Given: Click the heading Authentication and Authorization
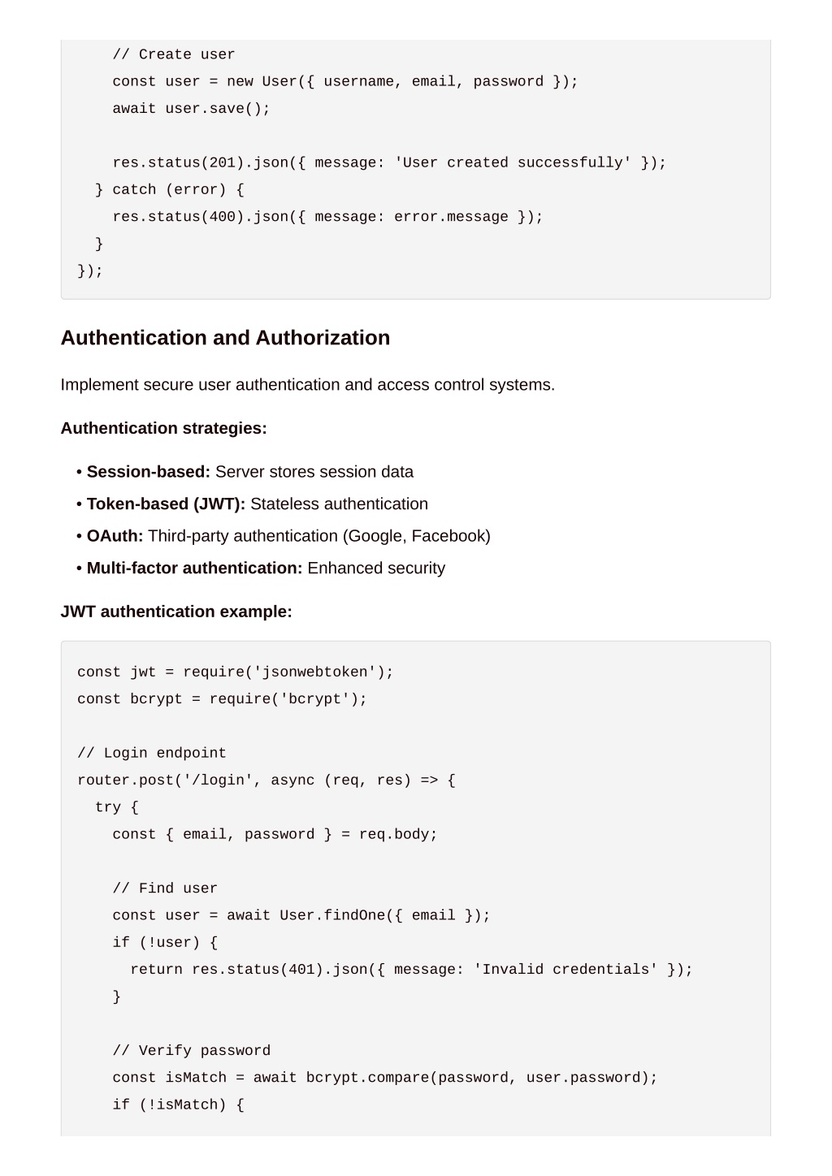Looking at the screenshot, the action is pos(225,338).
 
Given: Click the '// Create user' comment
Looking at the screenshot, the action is pos(174,54).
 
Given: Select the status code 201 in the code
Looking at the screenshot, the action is pos(222,162).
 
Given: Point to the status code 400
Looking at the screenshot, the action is pos(222,217).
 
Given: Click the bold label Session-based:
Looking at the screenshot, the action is pos(148,471).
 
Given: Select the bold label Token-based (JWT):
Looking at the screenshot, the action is pos(166,504).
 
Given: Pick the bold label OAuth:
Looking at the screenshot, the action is pos(115,536).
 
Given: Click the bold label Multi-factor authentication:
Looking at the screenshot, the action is pos(194,568).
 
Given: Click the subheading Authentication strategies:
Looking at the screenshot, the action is pos(164,428).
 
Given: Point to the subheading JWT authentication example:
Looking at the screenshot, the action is pos(176,612).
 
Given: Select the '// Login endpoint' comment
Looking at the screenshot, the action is pos(152,753).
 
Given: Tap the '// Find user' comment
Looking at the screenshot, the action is pos(165,888).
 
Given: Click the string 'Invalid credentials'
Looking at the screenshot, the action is pos(565,969).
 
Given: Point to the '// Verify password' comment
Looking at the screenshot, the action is pos(192,1051).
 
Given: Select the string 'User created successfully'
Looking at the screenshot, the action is pos(513,162).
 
